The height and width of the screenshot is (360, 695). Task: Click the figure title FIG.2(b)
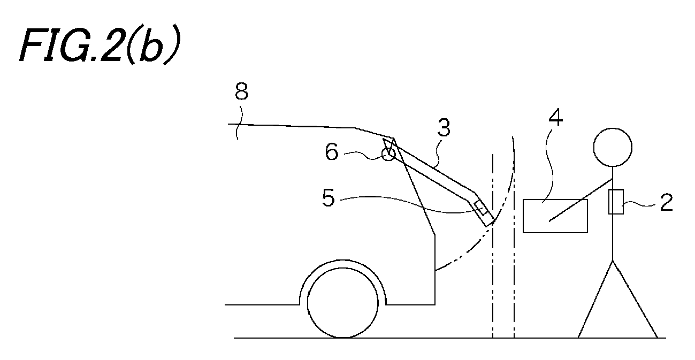[x=100, y=44]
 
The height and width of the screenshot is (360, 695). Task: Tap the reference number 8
[x=241, y=91]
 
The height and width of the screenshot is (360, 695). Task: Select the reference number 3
[x=444, y=128]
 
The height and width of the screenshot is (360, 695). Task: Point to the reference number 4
[x=556, y=117]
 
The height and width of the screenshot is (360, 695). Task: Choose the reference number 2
[x=666, y=203]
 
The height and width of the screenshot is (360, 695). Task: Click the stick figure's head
[x=613, y=147]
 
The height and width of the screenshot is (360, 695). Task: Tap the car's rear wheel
[x=343, y=302]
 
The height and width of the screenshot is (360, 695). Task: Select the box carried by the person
[x=555, y=216]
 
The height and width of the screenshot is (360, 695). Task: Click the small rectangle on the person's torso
[x=616, y=202]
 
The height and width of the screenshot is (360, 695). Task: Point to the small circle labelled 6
[x=388, y=154]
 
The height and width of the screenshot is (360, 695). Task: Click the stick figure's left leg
[x=595, y=299]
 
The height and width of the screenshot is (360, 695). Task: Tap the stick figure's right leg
[x=635, y=299]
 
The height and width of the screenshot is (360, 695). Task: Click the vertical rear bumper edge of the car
[x=434, y=270]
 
